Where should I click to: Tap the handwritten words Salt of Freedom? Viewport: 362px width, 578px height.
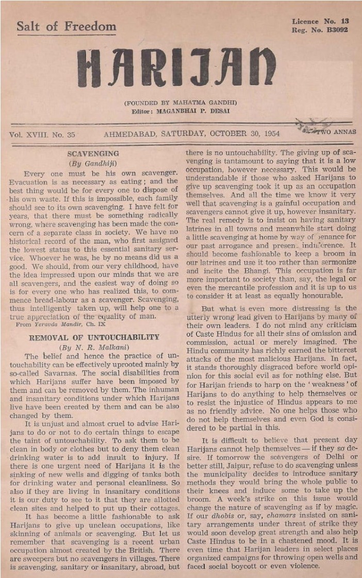66,26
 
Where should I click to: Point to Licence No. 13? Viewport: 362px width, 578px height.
320,21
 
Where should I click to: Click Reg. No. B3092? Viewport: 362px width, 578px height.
320,30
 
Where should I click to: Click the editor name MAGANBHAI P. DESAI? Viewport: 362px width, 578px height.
191,111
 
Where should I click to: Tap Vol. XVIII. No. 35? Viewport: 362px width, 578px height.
42,134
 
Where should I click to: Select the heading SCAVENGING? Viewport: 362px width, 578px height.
93,154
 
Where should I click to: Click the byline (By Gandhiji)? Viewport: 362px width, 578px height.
93,163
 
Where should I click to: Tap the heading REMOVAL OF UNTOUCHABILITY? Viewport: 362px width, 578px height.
93,337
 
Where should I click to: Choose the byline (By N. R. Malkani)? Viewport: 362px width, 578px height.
93,347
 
